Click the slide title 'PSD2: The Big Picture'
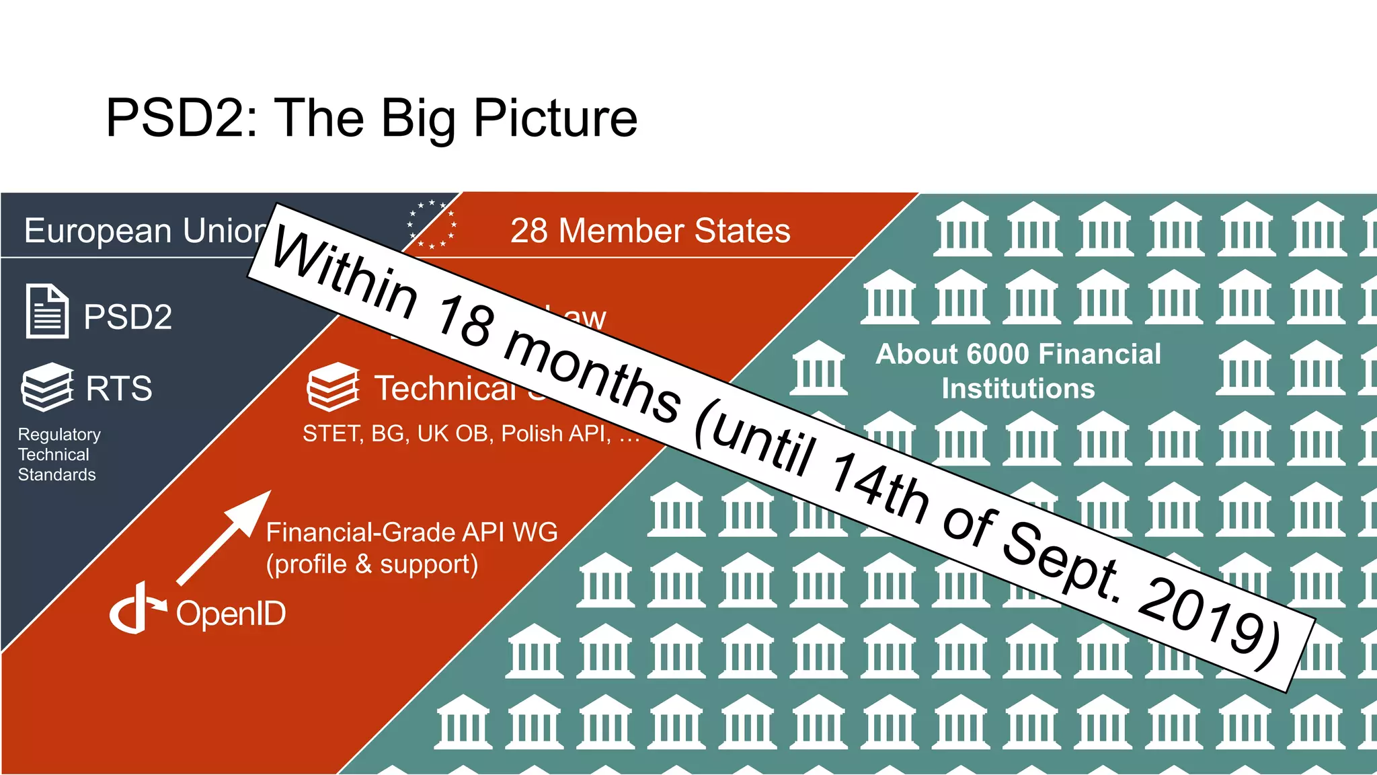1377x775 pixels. click(x=371, y=118)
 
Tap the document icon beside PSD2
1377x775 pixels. click(x=46, y=311)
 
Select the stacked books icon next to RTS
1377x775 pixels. click(x=47, y=387)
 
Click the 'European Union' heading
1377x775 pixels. click(x=145, y=231)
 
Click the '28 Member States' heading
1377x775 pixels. click(x=650, y=231)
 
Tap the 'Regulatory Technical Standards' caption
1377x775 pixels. click(x=59, y=454)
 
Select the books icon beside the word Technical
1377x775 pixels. click(x=333, y=387)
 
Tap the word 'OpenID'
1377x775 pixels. click(x=231, y=614)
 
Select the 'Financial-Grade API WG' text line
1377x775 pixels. click(x=411, y=532)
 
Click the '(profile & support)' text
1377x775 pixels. click(x=372, y=564)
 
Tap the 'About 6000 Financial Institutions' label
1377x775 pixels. click(x=1018, y=371)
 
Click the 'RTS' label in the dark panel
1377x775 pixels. click(x=119, y=388)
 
